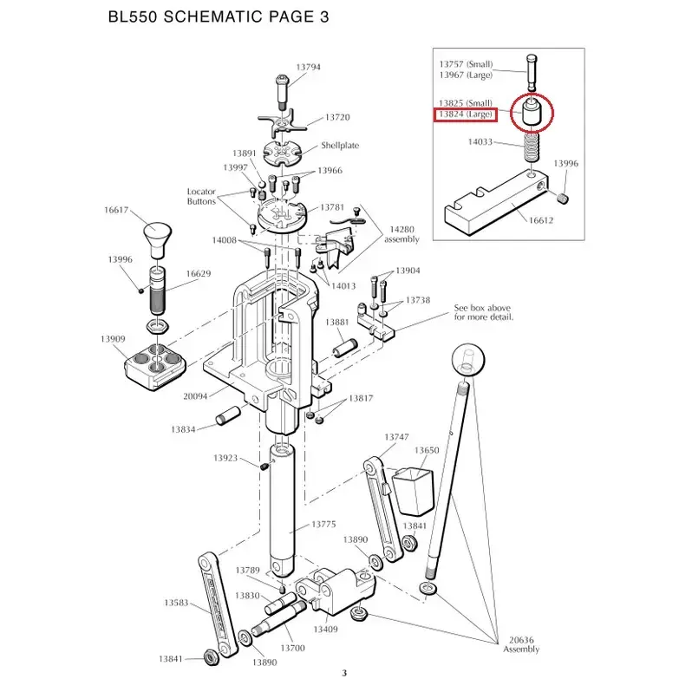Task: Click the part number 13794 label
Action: coord(308,67)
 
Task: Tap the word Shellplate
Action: coord(340,146)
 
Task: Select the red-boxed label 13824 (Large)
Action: coord(466,114)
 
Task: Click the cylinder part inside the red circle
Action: coord(531,114)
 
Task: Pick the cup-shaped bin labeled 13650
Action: coord(410,486)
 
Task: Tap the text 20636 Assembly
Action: coord(522,645)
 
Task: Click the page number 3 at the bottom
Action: coord(344,674)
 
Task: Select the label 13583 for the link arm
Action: coord(176,602)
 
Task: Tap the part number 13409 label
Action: coord(325,629)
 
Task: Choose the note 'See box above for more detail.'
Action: coord(484,312)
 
